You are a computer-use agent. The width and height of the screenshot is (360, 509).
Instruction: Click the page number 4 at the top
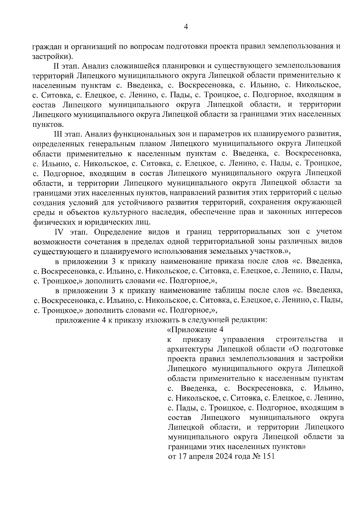pyautogui.click(x=186, y=27)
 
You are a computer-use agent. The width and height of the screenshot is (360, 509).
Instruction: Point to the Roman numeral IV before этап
pyautogui.click(x=59, y=232)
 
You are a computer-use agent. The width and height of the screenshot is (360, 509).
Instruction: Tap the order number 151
pyautogui.click(x=268, y=457)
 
